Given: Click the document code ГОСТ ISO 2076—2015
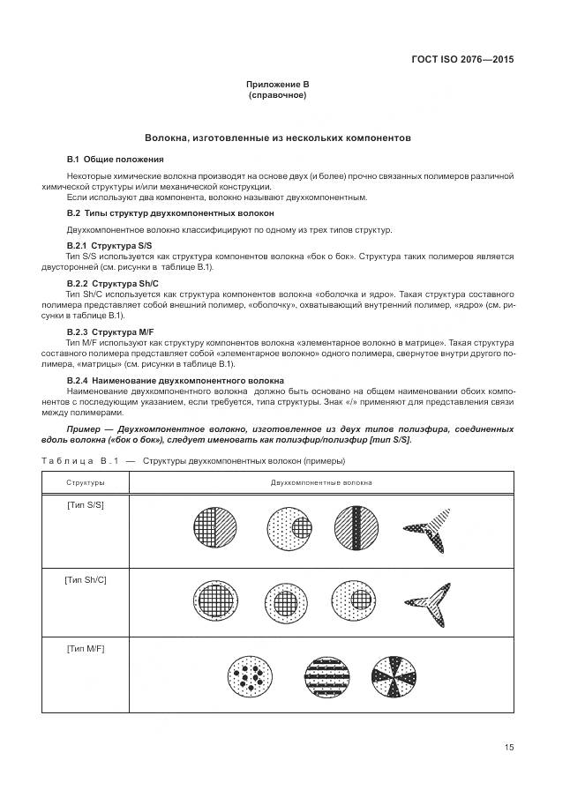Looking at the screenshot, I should [461, 60].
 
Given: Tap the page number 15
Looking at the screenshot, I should [508, 747].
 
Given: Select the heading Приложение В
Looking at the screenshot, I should [277, 84].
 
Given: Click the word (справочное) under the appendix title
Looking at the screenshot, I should [277, 94].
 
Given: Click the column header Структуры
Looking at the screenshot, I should [86, 482].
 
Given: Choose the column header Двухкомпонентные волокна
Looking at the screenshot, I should [321, 482].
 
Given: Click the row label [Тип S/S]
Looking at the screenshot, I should [86, 504].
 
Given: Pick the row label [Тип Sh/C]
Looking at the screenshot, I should [86, 579].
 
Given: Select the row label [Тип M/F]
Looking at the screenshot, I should [86, 649].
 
